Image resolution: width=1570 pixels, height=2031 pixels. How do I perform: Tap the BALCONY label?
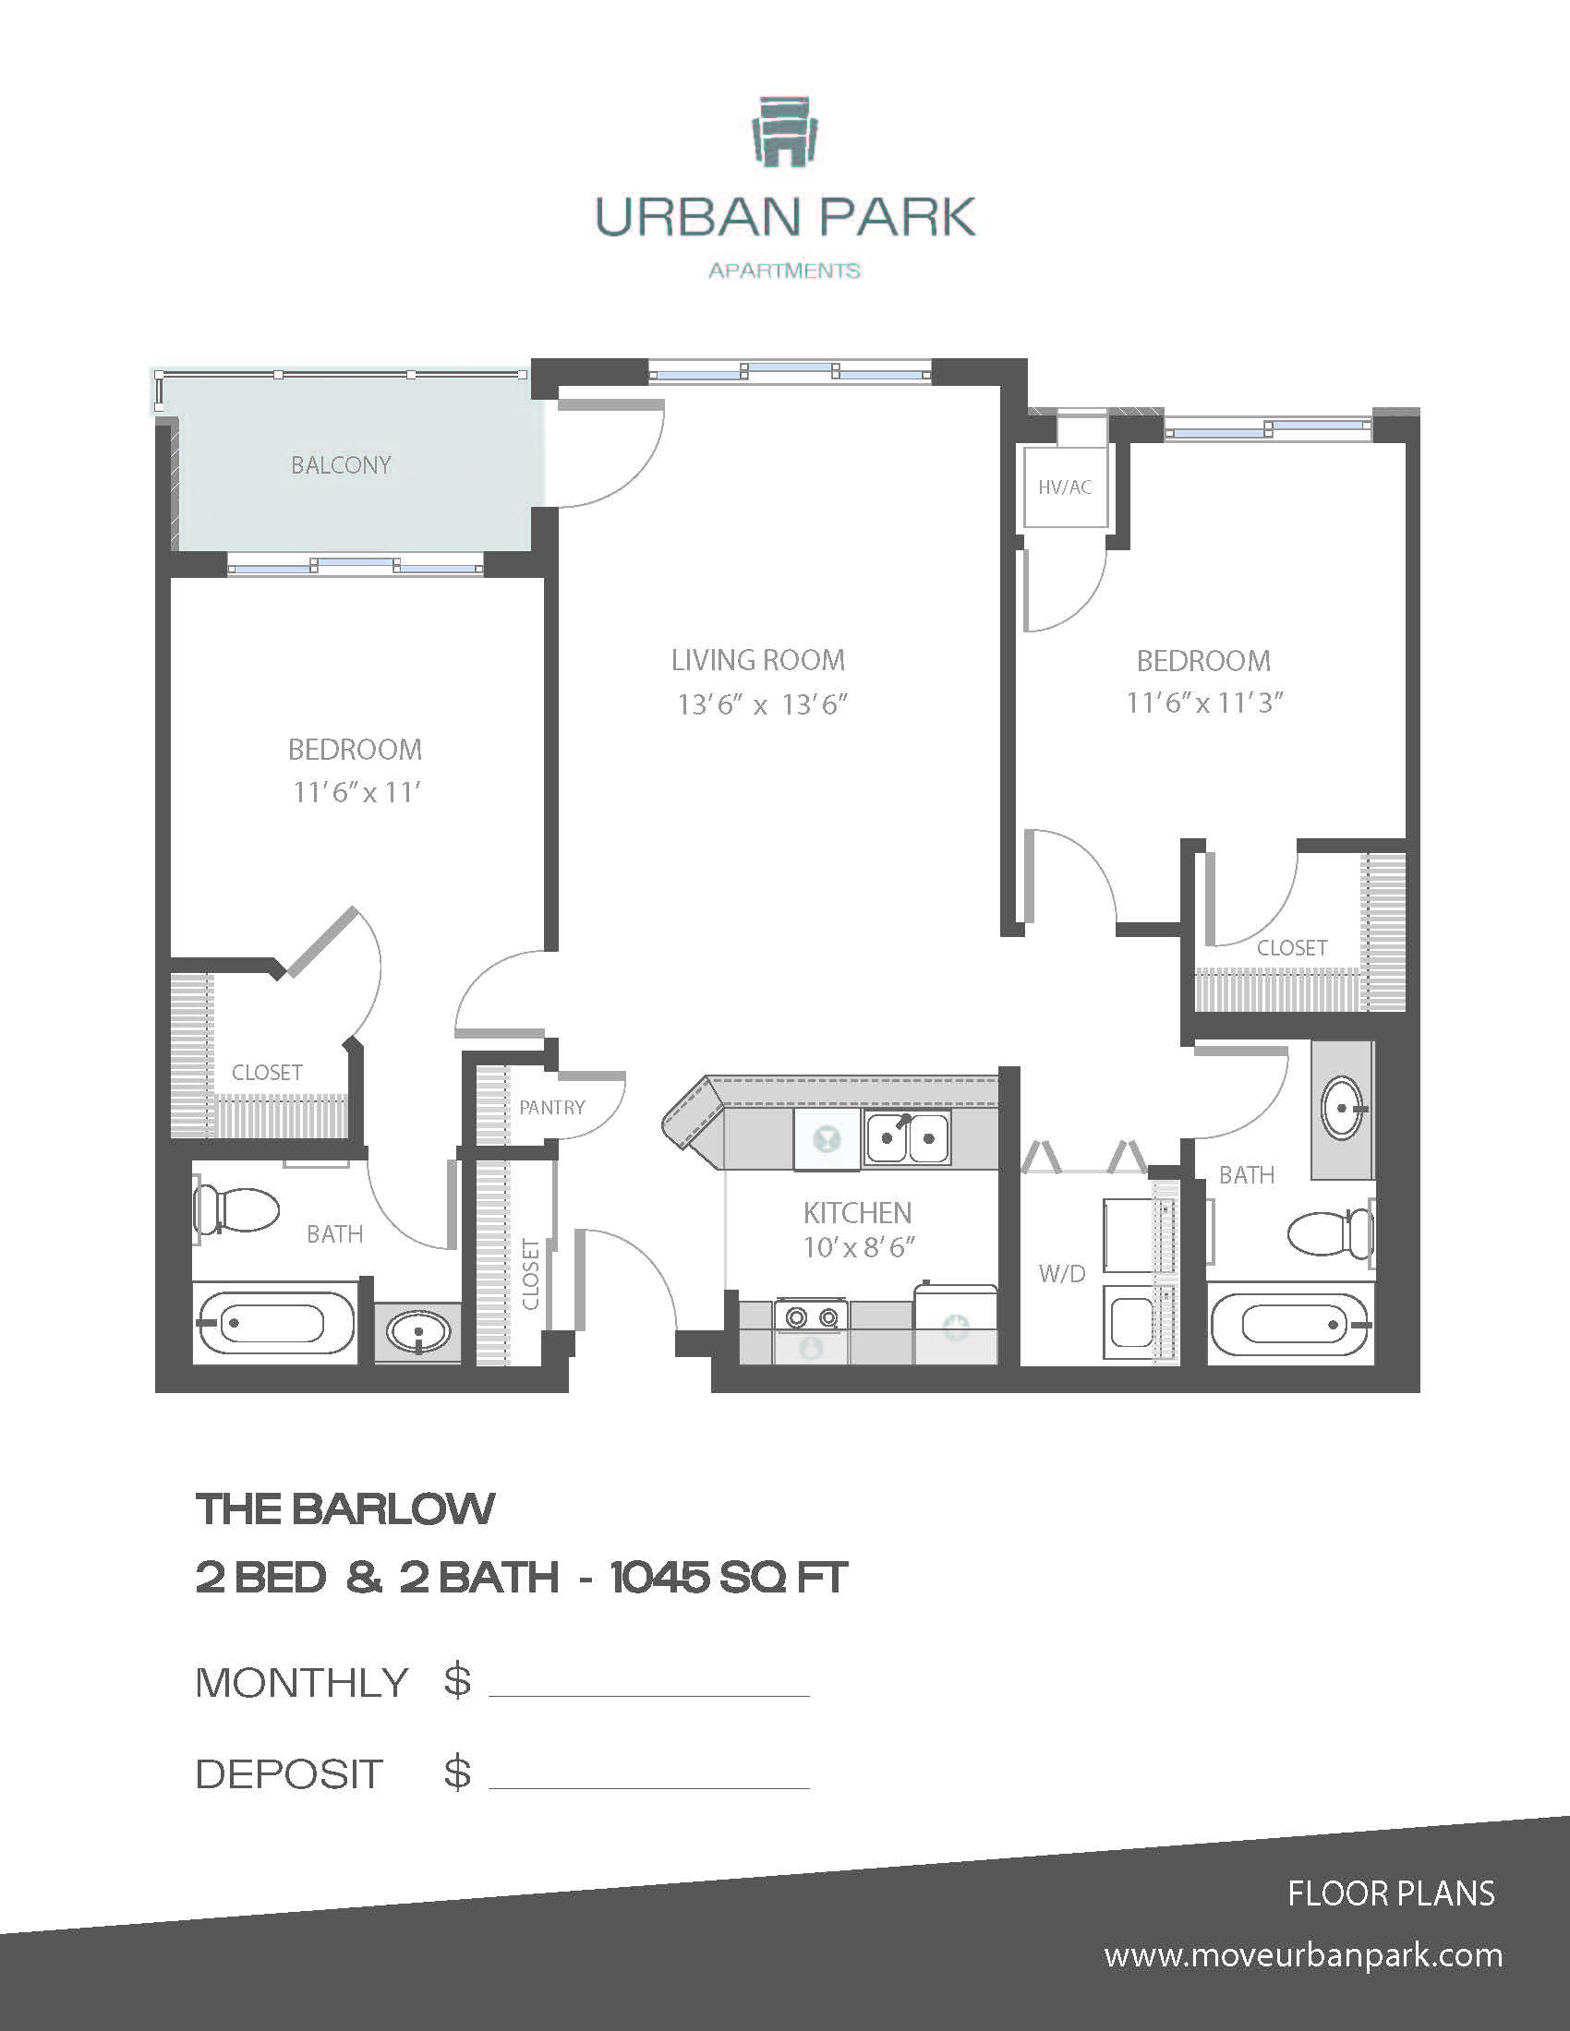click(341, 465)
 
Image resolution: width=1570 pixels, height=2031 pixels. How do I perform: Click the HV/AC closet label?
click(1065, 487)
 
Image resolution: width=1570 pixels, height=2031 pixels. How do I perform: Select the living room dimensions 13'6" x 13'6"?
click(762, 705)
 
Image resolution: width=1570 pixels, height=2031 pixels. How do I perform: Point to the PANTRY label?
click(551, 1108)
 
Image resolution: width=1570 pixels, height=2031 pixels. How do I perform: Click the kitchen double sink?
click(907, 1137)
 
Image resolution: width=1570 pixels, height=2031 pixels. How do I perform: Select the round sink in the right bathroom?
click(1342, 1108)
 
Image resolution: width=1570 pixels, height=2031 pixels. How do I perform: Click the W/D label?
click(1062, 1273)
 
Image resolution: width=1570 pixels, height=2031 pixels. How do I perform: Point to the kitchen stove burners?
click(811, 1316)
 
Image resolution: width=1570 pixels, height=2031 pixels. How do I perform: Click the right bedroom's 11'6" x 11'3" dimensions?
click(1203, 703)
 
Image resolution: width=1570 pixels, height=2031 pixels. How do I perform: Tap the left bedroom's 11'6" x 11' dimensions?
click(356, 792)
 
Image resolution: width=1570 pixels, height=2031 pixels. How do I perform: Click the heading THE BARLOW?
click(345, 1509)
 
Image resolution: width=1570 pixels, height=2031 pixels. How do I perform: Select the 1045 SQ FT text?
click(729, 1578)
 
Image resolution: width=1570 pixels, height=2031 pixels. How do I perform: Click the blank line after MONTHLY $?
click(648, 1687)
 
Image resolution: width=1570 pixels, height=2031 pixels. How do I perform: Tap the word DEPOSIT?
click(289, 1774)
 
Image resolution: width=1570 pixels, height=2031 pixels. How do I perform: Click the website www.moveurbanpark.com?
click(1302, 1955)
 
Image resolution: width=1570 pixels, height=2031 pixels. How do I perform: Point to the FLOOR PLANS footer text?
click(1391, 1893)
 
